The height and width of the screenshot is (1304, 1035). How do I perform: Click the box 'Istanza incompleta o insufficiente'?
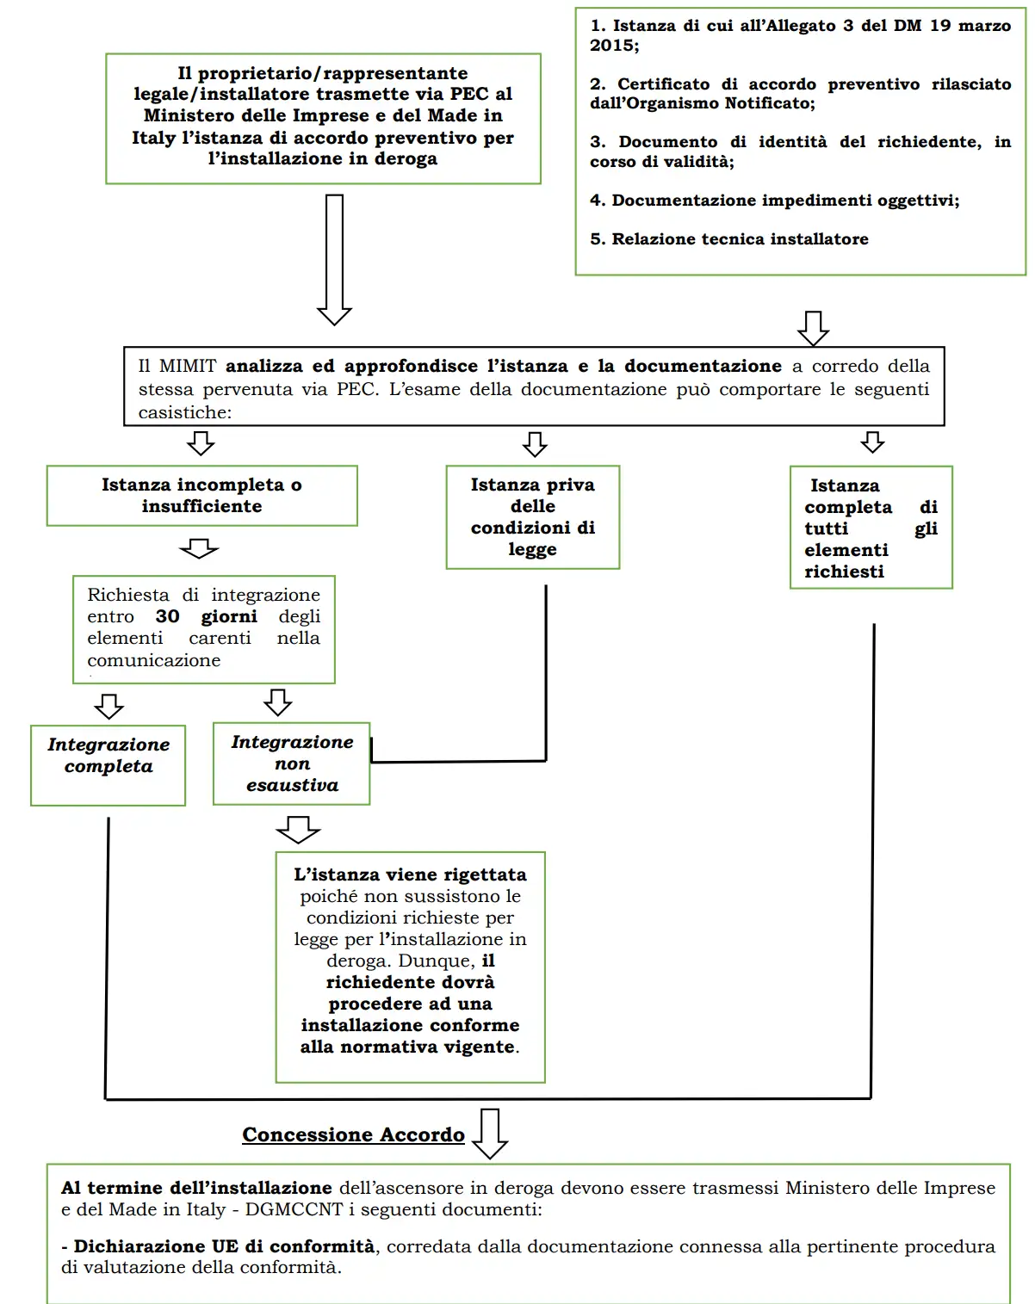201,496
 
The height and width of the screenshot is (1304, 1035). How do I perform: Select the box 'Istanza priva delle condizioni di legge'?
532,516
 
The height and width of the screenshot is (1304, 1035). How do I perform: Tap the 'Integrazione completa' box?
108,765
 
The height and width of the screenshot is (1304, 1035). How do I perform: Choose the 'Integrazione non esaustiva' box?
292,763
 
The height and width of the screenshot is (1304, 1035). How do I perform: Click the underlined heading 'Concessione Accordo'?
353,1134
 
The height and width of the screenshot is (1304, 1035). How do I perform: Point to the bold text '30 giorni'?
206,616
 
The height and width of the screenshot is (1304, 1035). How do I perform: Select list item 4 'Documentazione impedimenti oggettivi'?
774,201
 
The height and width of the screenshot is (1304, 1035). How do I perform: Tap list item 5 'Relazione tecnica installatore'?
728,239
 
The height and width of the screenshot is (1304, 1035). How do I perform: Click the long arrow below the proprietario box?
334,258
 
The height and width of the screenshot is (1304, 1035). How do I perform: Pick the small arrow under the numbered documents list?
813,328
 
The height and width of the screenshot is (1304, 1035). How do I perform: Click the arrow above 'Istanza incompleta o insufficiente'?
201,443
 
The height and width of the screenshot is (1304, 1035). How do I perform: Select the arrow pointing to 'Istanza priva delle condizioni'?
535,444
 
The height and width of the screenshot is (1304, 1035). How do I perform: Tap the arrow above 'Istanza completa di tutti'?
872,442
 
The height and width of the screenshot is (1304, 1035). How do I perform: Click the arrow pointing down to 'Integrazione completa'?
108,706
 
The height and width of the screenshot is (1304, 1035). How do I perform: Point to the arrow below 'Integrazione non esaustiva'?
298,829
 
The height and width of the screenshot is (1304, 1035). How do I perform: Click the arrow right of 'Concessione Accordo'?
490,1134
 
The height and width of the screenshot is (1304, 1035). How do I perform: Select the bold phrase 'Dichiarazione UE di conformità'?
224,1246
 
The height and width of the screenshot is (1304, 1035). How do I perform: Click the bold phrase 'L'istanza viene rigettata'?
410,874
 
